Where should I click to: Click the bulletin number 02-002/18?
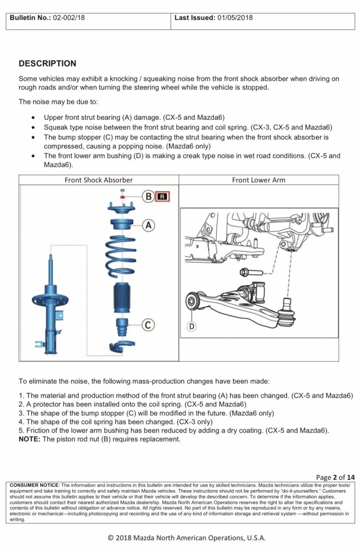point(69,18)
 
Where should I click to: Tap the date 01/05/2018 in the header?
point(235,18)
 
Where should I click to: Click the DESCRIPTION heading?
point(48,63)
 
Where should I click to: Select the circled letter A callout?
point(148,225)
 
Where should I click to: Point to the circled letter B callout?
point(148,197)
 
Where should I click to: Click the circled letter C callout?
point(148,325)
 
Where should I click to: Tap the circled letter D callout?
point(192,326)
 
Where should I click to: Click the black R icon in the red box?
point(162,197)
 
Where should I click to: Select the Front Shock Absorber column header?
point(99,180)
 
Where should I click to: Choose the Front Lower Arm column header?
point(258,180)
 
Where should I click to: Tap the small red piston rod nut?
point(123,197)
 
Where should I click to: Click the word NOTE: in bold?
point(29,439)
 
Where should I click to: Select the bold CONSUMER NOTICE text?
point(34,485)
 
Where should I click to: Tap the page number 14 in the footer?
point(351,477)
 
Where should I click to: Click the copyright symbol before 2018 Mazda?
point(111,538)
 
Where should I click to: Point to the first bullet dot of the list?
point(33,118)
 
